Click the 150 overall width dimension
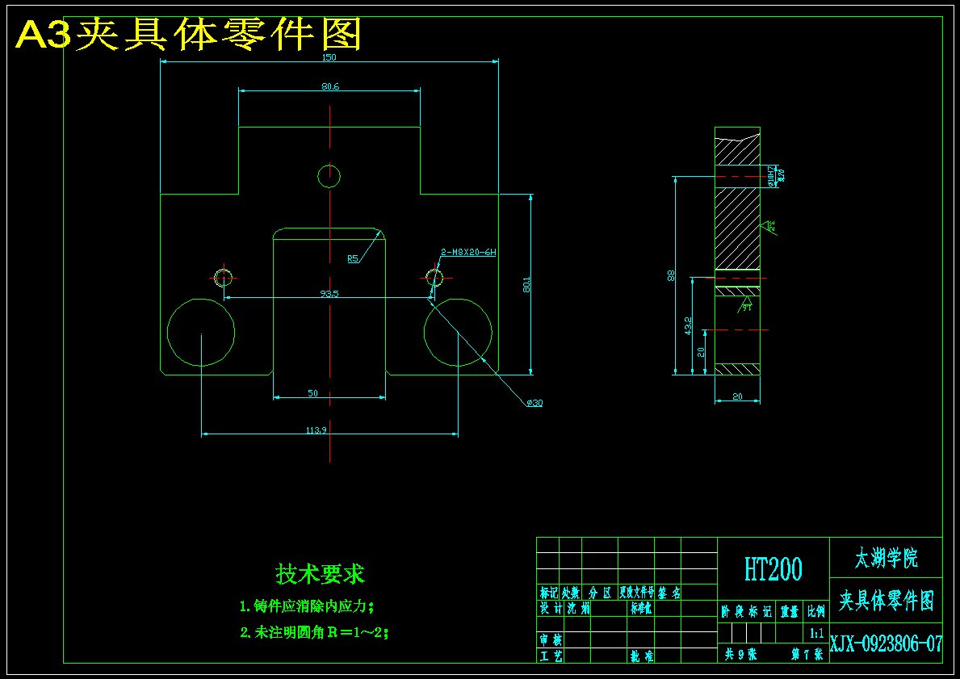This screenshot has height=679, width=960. point(329,57)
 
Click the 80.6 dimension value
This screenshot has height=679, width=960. point(329,86)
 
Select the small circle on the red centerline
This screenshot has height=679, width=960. point(329,175)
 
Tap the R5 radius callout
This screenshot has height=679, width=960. point(353,259)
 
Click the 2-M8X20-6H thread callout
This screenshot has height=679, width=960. point(468,252)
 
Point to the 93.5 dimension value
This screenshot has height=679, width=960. point(329,294)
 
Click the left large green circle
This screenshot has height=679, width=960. point(201,332)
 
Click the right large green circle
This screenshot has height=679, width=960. point(458,332)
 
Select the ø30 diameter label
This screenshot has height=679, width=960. point(534,403)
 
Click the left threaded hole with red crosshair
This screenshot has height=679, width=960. point(223,277)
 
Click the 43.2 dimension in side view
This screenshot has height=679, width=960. point(688,325)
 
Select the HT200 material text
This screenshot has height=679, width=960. point(773,569)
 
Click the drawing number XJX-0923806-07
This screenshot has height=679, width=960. point(886,644)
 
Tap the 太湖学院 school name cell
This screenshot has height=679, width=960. point(886,557)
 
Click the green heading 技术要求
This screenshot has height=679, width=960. point(320,574)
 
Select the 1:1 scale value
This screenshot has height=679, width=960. point(816,633)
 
